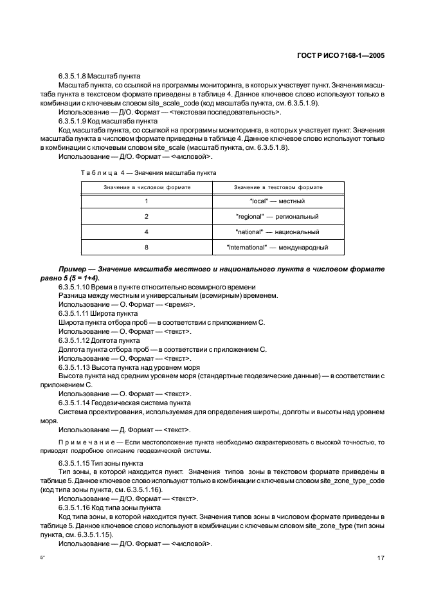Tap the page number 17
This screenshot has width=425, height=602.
(380, 558)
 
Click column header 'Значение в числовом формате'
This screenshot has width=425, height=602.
(147, 187)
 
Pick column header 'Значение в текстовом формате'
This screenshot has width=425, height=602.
(278, 187)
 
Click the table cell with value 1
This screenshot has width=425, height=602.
(147, 201)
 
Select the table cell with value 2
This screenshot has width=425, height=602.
(147, 217)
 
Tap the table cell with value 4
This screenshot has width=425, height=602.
(147, 232)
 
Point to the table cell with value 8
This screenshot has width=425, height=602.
(147, 247)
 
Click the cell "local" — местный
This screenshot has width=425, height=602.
(278, 201)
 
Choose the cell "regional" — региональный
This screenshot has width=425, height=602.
(278, 217)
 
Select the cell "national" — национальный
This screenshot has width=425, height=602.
(278, 232)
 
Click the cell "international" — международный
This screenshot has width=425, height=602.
(278, 247)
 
